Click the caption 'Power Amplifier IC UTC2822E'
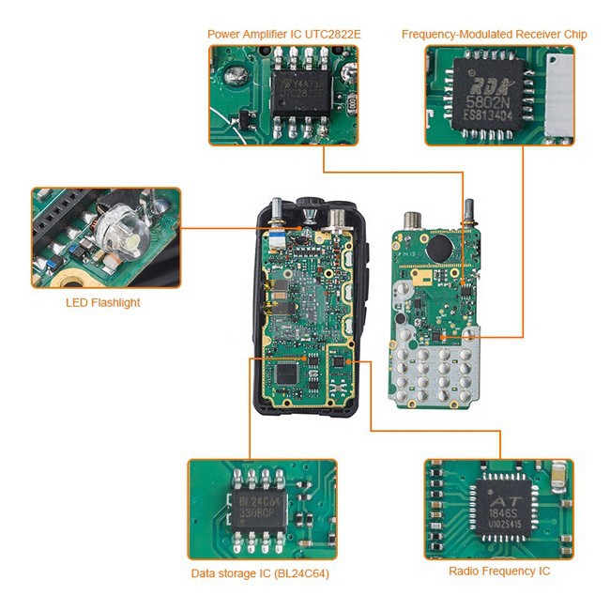click(284, 35)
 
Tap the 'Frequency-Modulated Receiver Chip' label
click(495, 35)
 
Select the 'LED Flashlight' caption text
click(102, 302)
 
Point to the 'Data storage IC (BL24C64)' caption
click(260, 573)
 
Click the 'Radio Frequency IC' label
click(499, 571)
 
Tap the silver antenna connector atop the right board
click(411, 223)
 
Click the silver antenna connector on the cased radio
click(332, 217)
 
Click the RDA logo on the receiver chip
click(482, 80)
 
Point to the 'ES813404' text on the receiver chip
click(489, 115)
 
